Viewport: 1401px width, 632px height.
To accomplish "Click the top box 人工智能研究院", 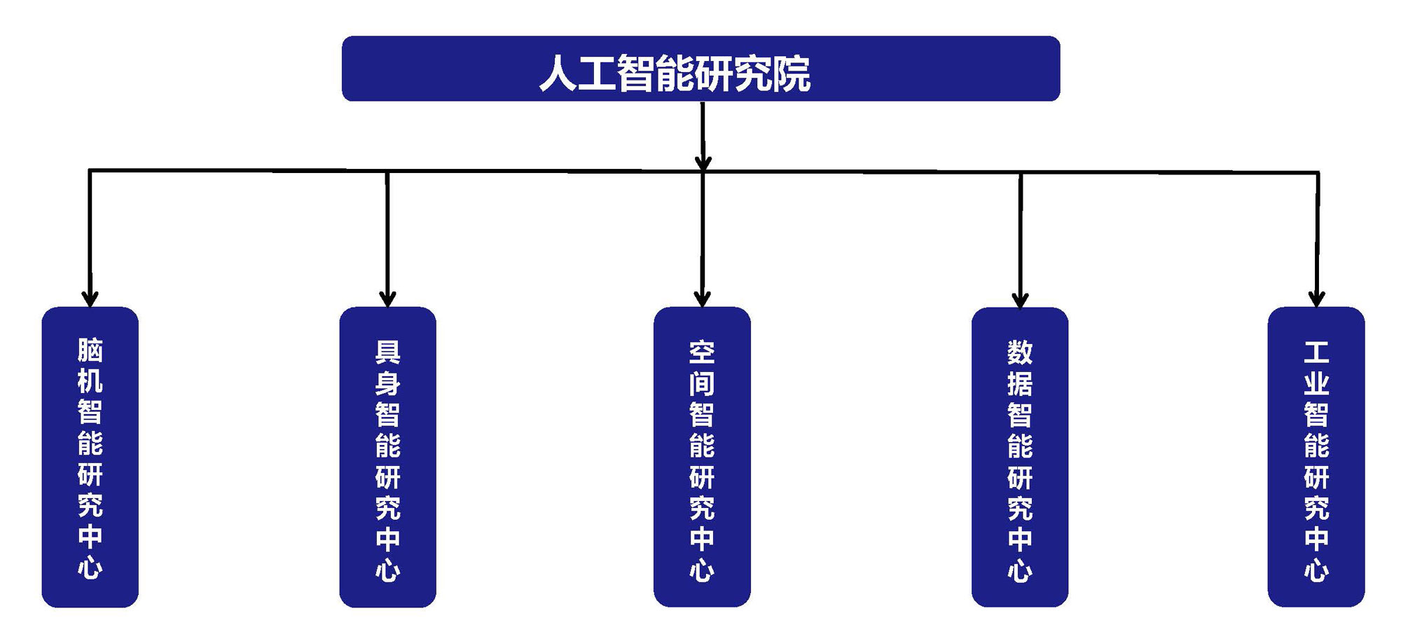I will pos(700,69).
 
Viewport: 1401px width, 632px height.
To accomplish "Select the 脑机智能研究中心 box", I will pos(90,457).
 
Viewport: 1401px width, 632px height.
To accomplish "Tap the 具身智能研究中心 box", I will pos(387,457).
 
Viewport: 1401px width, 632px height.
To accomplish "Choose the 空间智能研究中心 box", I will pos(702,457).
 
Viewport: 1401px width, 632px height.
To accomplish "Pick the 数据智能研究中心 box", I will pos(1020,457).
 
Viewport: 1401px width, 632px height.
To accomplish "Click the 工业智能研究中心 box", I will pos(1316,457).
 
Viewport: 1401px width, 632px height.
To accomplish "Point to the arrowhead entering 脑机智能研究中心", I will pos(90,298).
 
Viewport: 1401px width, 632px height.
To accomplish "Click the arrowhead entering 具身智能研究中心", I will pos(387,298).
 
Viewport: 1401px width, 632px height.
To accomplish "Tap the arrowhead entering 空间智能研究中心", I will pos(702,298).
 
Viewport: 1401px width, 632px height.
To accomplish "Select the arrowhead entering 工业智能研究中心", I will pos(1317,298).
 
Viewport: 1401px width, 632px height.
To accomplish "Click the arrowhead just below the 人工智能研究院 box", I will pos(703,162).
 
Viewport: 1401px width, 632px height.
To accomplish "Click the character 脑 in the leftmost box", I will pos(90,350).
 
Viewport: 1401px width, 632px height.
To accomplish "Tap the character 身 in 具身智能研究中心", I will pos(387,383).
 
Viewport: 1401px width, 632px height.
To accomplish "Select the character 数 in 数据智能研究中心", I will pos(1020,352).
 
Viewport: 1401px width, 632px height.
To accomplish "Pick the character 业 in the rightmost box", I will pos(1316,383).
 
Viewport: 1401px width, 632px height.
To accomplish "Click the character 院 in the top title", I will pos(792,74).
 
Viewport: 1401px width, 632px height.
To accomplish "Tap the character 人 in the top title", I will pos(558,74).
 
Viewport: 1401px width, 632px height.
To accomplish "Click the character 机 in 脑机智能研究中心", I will pos(90,381).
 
